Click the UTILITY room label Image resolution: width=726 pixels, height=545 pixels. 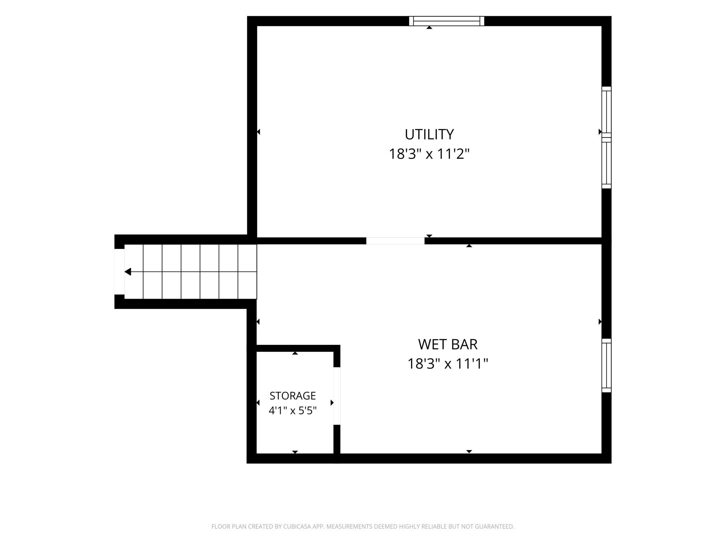click(x=429, y=134)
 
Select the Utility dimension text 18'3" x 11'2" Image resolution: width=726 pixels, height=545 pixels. click(x=429, y=154)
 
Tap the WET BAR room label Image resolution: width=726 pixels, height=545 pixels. click(x=447, y=344)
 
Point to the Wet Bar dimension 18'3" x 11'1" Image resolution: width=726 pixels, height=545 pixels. click(x=447, y=364)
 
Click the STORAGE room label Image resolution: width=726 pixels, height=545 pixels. click(x=292, y=395)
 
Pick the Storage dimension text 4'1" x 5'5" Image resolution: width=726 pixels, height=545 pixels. click(x=292, y=410)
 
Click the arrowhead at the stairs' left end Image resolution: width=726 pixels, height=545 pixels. click(x=128, y=271)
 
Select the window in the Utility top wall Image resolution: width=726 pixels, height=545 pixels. click(x=446, y=21)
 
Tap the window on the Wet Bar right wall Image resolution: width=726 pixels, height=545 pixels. click(x=607, y=365)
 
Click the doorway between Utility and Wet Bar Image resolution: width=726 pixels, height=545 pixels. click(x=395, y=241)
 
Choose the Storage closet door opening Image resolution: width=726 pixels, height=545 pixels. click(x=337, y=396)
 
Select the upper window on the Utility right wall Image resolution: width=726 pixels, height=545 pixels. click(x=607, y=112)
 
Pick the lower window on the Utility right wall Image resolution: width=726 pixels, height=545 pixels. click(x=607, y=163)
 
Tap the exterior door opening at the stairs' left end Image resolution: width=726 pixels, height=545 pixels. click(x=119, y=271)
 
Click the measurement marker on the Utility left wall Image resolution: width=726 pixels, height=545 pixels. click(x=259, y=132)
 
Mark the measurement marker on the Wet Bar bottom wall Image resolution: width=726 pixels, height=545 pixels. click(x=469, y=451)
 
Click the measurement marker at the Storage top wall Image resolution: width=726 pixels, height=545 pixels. click(x=295, y=353)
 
